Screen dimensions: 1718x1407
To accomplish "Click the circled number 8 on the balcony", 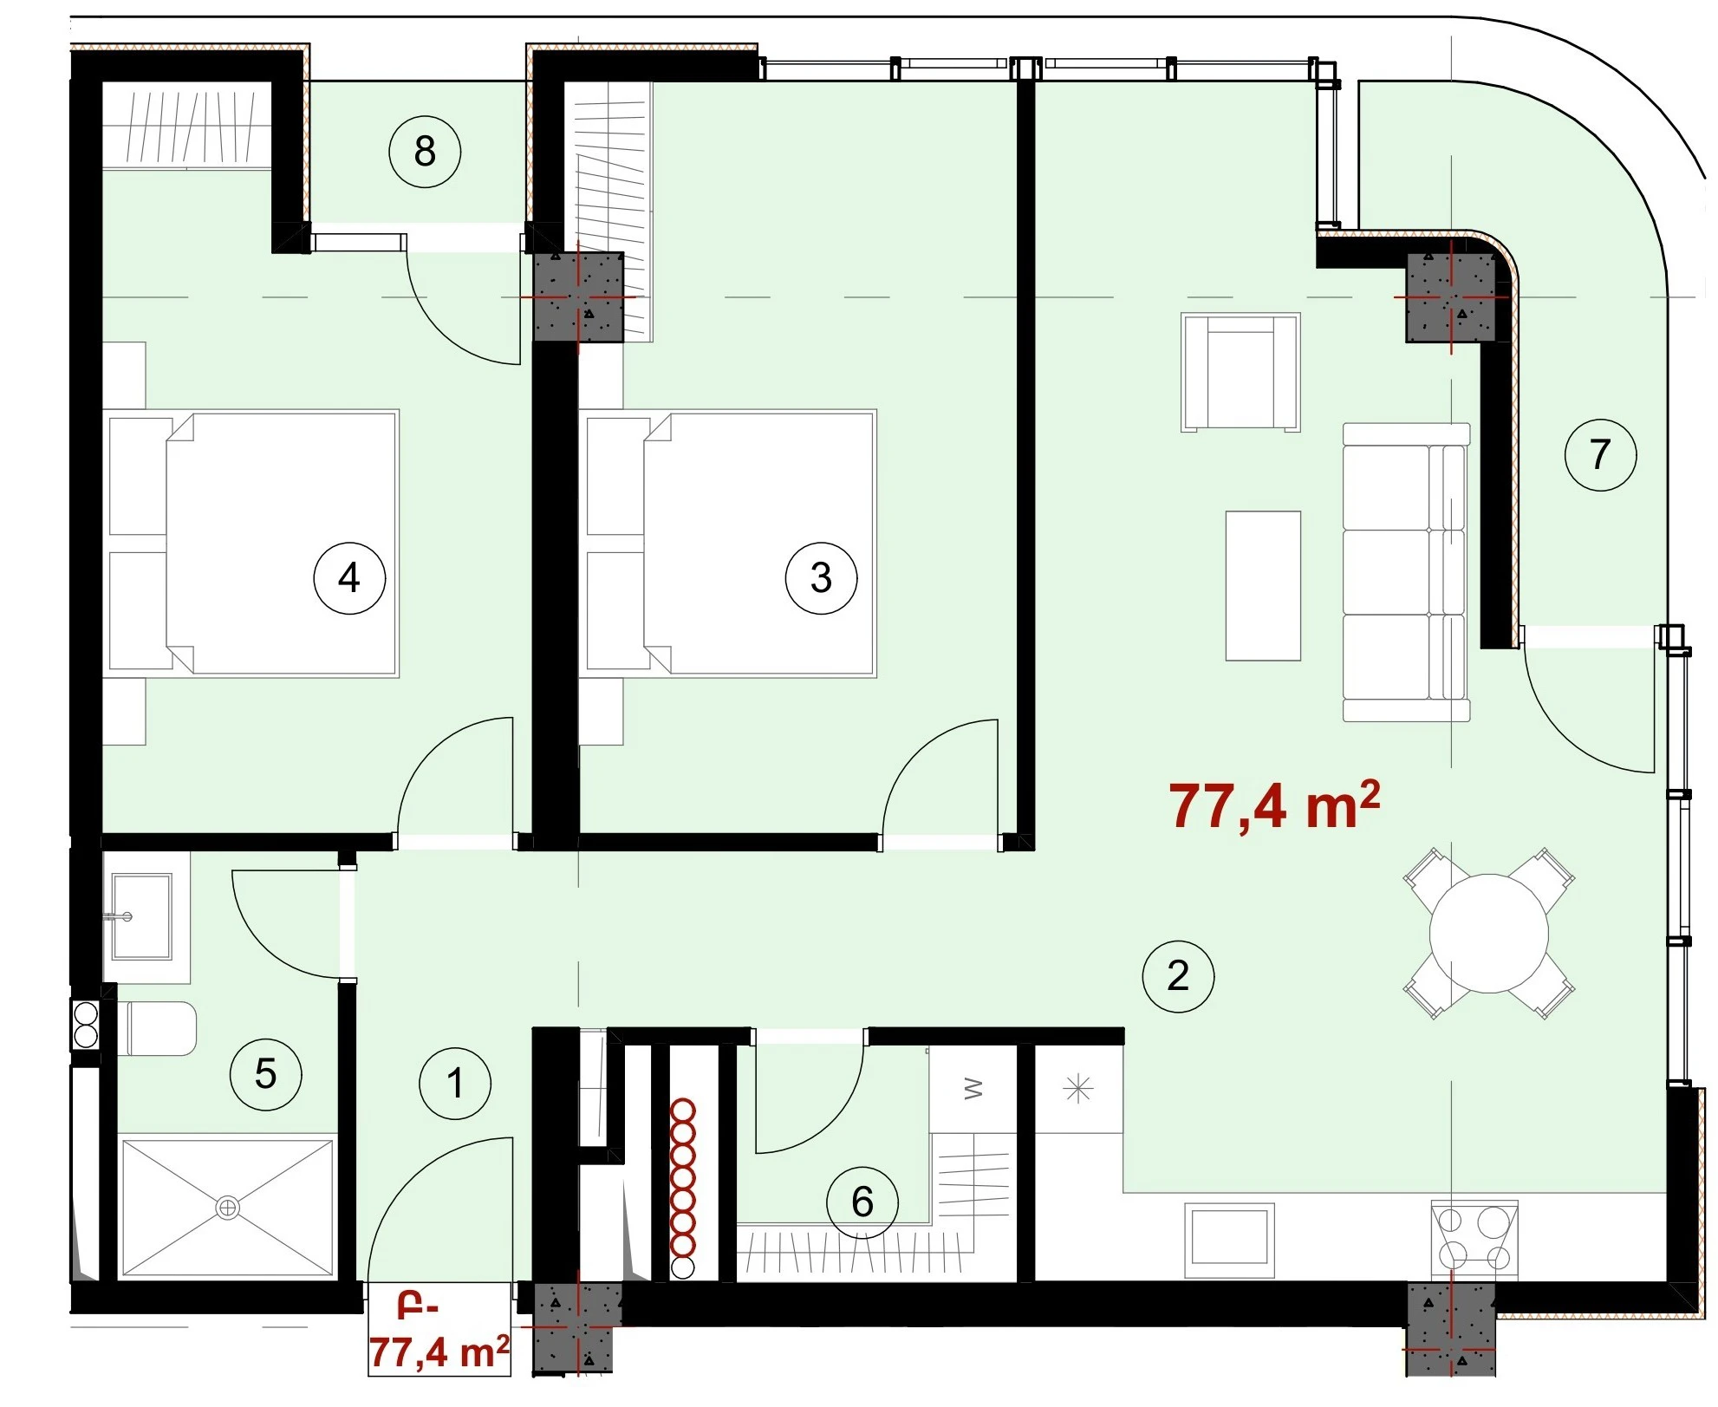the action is coord(425,152).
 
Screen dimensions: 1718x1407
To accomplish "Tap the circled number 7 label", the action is coord(1600,454).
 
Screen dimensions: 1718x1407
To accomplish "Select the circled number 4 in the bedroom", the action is coord(349,577).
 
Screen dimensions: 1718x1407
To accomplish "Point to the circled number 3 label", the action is coord(821,577).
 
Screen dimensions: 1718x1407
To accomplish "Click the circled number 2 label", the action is coord(1178,975).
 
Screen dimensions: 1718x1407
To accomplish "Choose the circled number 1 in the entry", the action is coord(455,1083).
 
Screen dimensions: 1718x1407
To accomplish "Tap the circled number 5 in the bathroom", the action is coord(265,1074).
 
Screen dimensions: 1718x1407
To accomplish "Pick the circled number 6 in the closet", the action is coord(862,1202).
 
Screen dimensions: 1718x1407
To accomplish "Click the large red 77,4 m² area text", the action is coord(1274,805).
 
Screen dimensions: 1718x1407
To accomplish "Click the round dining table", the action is coord(1488,934).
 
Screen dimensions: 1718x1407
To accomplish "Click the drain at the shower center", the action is coord(228,1207).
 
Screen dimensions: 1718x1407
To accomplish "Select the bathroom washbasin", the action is coord(141,916).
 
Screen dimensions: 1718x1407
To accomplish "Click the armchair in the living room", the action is coord(1240,372).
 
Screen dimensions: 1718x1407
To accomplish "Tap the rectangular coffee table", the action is coord(1263,586).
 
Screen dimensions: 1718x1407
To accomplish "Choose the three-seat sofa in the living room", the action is coord(1406,572).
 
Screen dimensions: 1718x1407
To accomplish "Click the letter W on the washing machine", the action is coord(973,1089).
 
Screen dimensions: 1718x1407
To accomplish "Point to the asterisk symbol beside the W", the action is coord(1078,1089).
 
